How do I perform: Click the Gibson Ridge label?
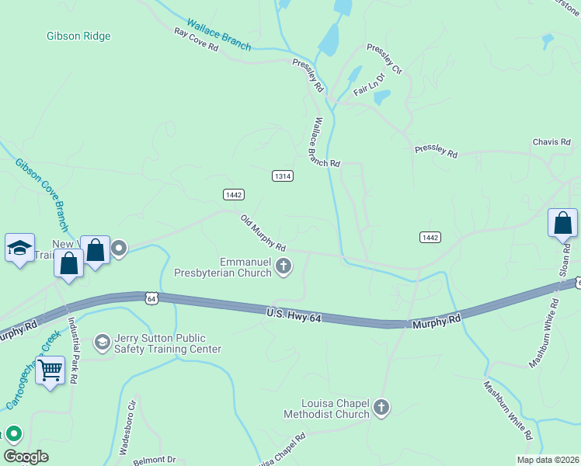78,36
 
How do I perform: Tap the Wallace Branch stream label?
219,35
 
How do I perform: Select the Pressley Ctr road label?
386,60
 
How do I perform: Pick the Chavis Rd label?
551,142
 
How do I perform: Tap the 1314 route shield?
283,176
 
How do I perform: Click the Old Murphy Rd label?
263,233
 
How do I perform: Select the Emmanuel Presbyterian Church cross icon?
284,267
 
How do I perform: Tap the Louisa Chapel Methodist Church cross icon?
381,407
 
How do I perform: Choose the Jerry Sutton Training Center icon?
102,343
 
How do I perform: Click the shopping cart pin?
50,370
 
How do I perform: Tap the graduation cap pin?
19,249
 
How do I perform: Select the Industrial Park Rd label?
73,352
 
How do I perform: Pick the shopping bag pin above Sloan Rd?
562,223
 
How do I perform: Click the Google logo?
26,457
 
